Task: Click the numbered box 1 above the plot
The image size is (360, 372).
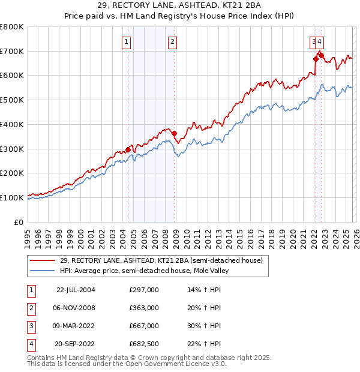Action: tap(127, 42)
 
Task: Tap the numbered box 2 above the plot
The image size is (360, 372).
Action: tap(172, 42)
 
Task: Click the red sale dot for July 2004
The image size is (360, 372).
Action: tap(128, 149)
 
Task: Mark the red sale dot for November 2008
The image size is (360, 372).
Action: tap(174, 133)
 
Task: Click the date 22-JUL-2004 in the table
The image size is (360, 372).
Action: tap(76, 290)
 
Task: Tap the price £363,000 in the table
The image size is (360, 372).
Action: tap(144, 308)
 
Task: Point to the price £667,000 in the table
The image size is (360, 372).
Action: tap(144, 326)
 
